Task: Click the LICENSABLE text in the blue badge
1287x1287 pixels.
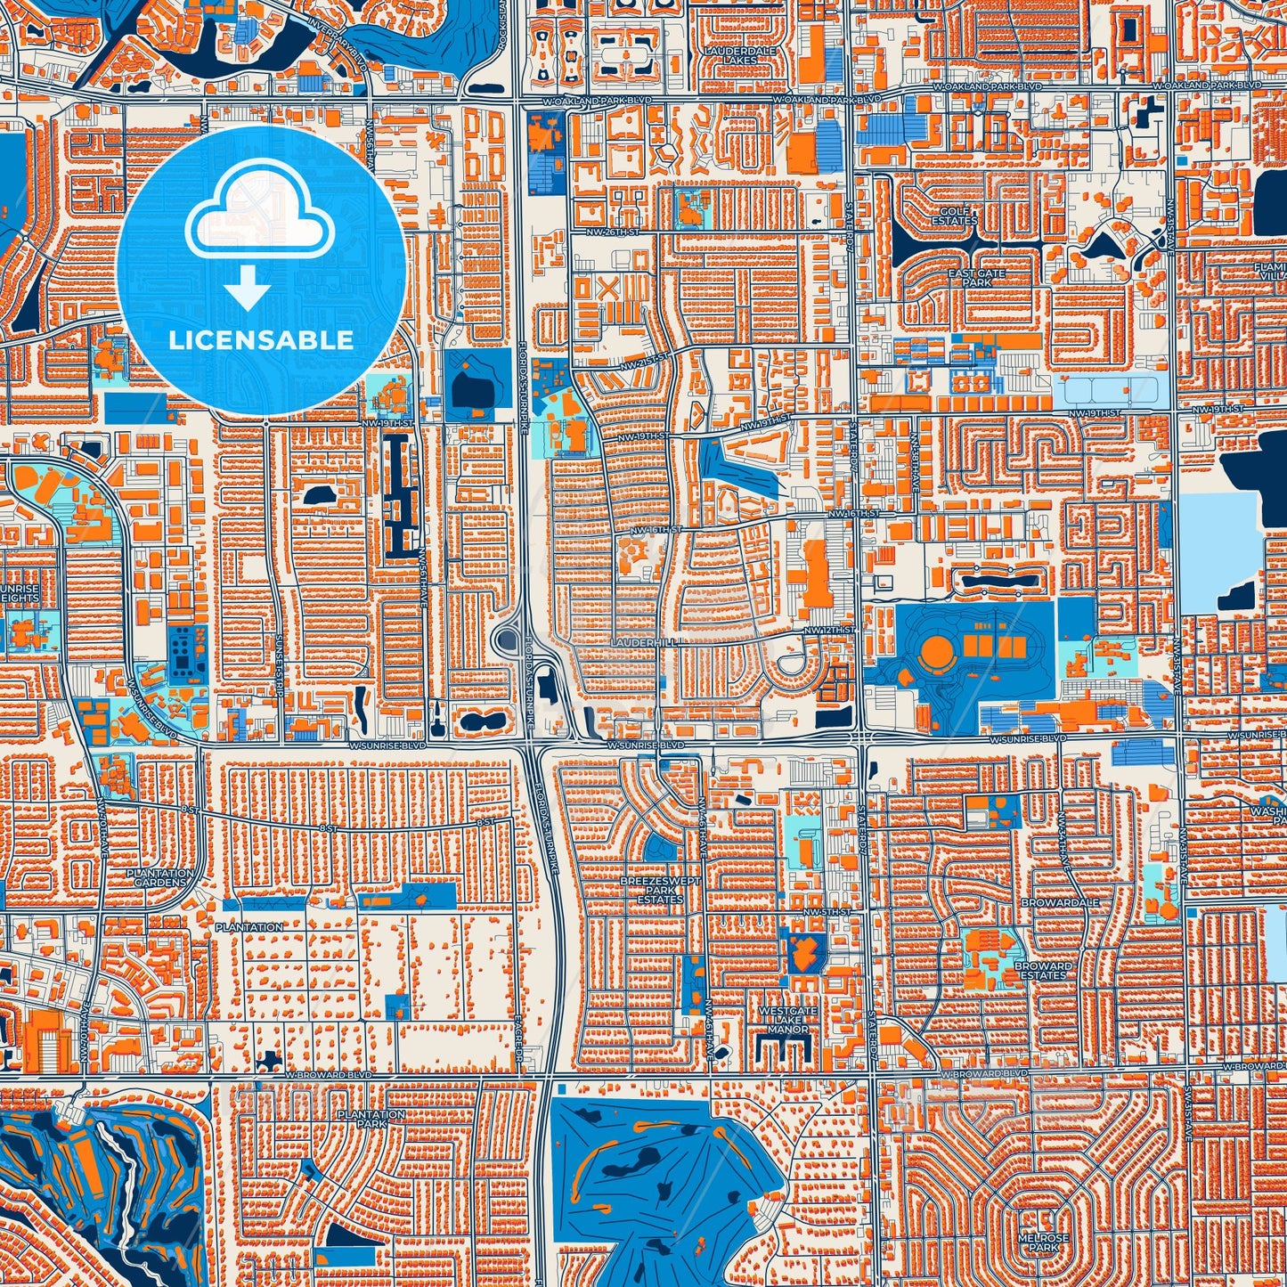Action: pyautogui.click(x=261, y=339)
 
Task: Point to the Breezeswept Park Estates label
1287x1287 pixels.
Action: pyautogui.click(x=660, y=890)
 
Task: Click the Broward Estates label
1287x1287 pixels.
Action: pyautogui.click(x=1043, y=970)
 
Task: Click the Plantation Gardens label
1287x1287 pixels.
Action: pyautogui.click(x=159, y=877)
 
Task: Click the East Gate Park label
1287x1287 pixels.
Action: pyautogui.click(x=976, y=278)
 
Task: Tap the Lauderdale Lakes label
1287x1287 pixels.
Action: pyautogui.click(x=739, y=55)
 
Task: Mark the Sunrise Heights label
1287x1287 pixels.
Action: pyautogui.click(x=20, y=593)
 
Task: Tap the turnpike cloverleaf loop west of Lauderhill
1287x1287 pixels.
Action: pyautogui.click(x=509, y=639)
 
